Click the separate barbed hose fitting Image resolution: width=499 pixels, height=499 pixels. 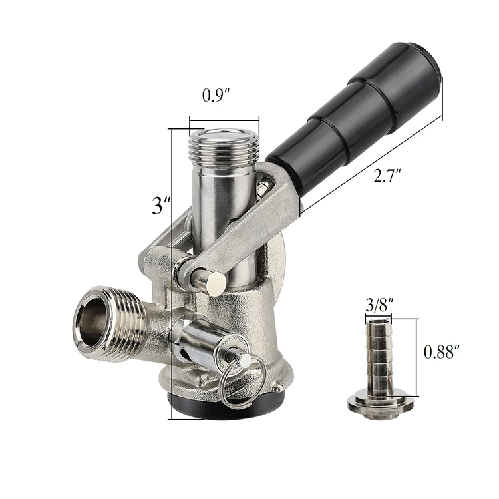380,363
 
